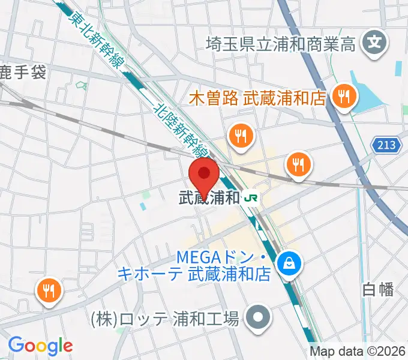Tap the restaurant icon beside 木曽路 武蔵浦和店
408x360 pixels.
344,96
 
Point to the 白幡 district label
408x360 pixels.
378,289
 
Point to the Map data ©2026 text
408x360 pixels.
358,351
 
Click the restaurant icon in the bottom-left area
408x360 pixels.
47,291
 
